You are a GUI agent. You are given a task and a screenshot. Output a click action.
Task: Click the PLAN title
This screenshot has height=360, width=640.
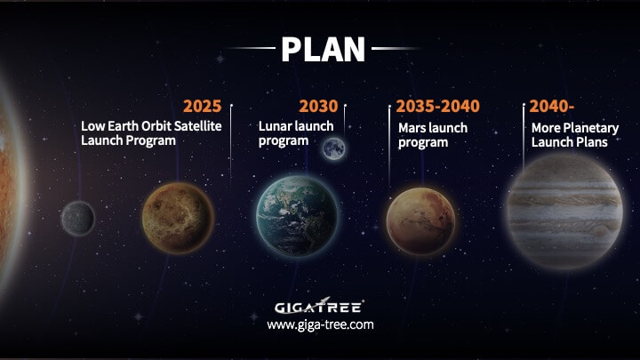tap(323, 50)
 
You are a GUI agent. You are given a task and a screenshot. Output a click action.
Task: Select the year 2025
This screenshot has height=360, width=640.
tap(202, 106)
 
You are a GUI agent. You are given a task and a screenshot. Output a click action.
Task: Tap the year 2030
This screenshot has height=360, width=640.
tap(318, 106)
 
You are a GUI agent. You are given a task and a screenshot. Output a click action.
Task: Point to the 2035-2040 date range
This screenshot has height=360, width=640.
tap(438, 106)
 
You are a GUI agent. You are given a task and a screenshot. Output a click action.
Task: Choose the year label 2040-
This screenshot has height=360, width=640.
tap(552, 106)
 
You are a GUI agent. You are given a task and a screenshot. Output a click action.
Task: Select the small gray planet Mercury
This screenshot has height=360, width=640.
tap(78, 219)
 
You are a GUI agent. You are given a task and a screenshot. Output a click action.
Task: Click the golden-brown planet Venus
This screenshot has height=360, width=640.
tap(178, 219)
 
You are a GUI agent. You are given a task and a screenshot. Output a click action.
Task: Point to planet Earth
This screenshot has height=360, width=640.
tap(297, 216)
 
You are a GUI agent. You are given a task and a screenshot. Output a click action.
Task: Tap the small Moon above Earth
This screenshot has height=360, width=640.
tap(334, 148)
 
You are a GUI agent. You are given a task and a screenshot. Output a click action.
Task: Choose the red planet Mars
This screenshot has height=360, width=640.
tap(420, 220)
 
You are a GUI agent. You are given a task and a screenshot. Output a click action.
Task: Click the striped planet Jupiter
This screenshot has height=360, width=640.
tap(565, 212)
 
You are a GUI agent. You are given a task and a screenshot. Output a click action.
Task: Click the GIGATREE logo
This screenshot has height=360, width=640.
tap(319, 306)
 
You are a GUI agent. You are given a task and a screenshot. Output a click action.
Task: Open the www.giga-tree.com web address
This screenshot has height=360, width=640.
tap(320, 325)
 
